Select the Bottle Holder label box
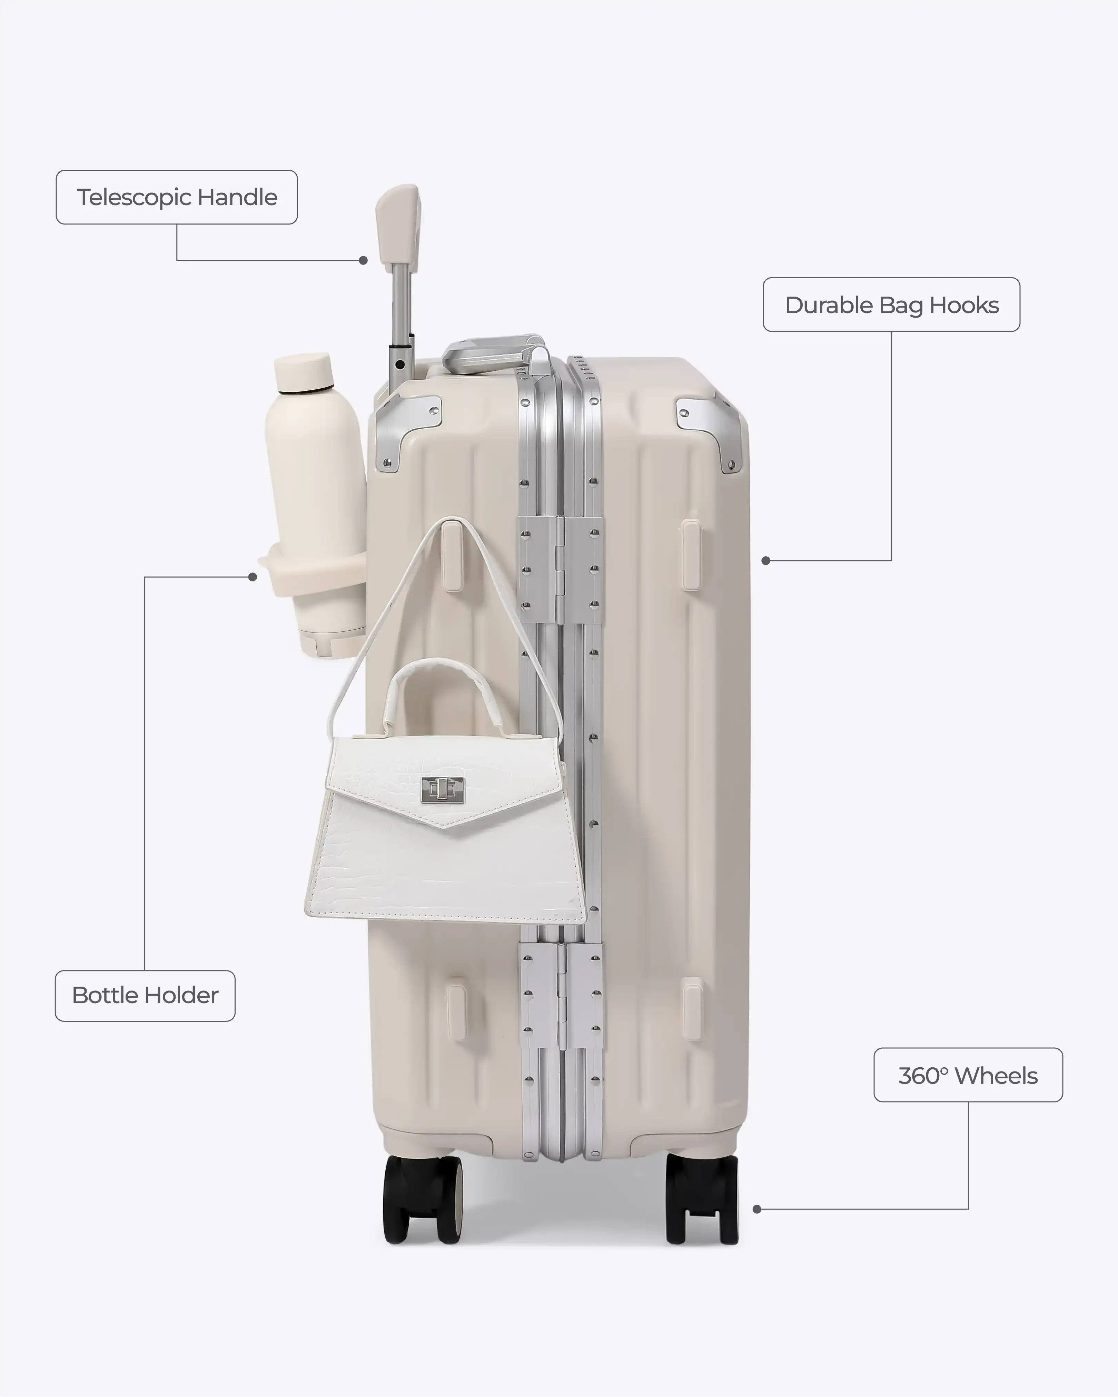click(145, 995)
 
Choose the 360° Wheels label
click(968, 1076)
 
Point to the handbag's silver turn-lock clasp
click(443, 790)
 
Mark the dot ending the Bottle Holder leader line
click(253, 577)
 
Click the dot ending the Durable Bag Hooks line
click(766, 560)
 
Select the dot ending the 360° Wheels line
click(757, 1209)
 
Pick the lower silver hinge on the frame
click(561, 996)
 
